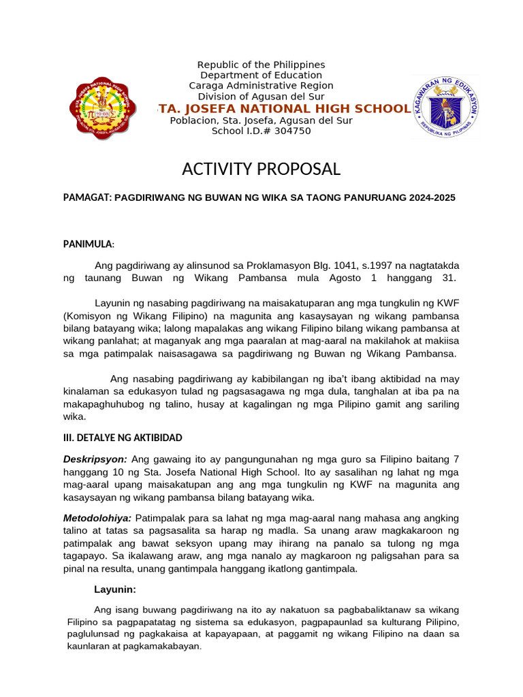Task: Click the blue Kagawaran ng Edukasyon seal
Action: pyautogui.click(x=445, y=108)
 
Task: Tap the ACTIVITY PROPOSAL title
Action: pyautogui.click(x=261, y=169)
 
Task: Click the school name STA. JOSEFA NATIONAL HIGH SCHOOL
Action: pyautogui.click(x=283, y=109)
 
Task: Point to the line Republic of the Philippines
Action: pyautogui.click(x=261, y=65)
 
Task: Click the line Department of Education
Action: pyautogui.click(x=261, y=75)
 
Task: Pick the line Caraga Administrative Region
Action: pyautogui.click(x=261, y=86)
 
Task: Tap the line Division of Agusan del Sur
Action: pyautogui.click(x=261, y=97)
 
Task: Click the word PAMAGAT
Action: pyautogui.click(x=86, y=198)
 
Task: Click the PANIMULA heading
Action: pyautogui.click(x=89, y=244)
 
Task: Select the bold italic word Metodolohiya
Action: pyautogui.click(x=97, y=519)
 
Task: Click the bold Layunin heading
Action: pyautogui.click(x=114, y=589)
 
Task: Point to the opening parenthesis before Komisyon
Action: pyautogui.click(x=65, y=317)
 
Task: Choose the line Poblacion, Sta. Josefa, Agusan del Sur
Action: pyautogui.click(x=261, y=120)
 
